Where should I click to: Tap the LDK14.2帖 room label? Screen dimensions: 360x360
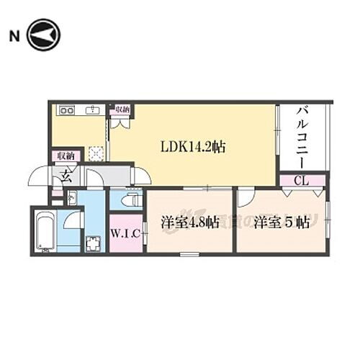point(192,147)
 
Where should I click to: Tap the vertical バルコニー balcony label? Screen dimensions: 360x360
point(303,138)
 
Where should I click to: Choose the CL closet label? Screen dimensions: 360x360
point(302,181)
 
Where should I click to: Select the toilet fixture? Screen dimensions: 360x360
point(132,201)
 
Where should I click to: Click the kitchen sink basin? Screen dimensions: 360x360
point(92,110)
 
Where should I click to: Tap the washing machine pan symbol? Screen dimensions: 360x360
point(93,242)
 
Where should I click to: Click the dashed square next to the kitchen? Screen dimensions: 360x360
point(96,153)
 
